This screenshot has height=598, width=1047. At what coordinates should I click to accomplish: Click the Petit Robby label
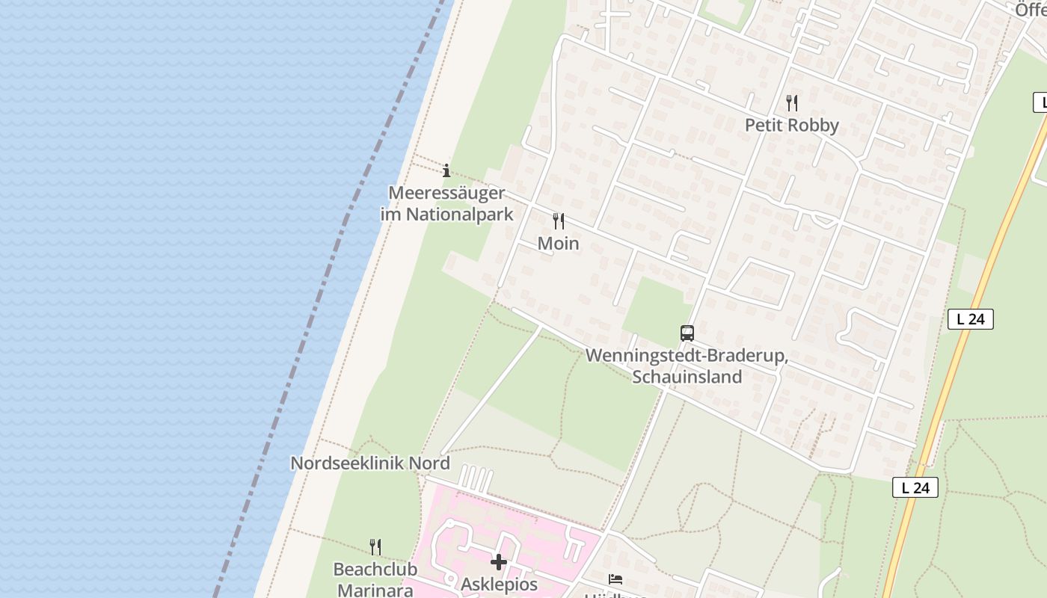(791, 125)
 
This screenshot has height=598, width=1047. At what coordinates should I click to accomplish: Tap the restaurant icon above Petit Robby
(792, 102)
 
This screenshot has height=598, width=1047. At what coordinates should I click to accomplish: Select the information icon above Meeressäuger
(446, 170)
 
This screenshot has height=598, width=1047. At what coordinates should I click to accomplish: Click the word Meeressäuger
(446, 193)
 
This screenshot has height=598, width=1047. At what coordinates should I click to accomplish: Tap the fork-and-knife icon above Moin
(558, 221)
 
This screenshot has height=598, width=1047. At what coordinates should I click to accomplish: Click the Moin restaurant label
(558, 244)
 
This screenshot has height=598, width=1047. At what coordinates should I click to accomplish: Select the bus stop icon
(687, 333)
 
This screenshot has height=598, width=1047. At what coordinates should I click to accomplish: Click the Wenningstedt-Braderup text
(687, 356)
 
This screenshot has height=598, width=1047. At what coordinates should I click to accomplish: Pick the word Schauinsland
(687, 377)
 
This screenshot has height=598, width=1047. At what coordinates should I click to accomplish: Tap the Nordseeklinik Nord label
(369, 463)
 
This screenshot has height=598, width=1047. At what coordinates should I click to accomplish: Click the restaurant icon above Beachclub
(375, 547)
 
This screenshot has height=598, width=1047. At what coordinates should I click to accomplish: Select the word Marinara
(375, 590)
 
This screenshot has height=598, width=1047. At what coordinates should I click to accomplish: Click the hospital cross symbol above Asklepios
(499, 562)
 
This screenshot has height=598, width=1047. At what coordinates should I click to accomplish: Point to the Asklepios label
(499, 584)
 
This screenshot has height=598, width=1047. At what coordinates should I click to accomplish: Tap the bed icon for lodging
(615, 579)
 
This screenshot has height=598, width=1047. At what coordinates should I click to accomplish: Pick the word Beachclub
(375, 570)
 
